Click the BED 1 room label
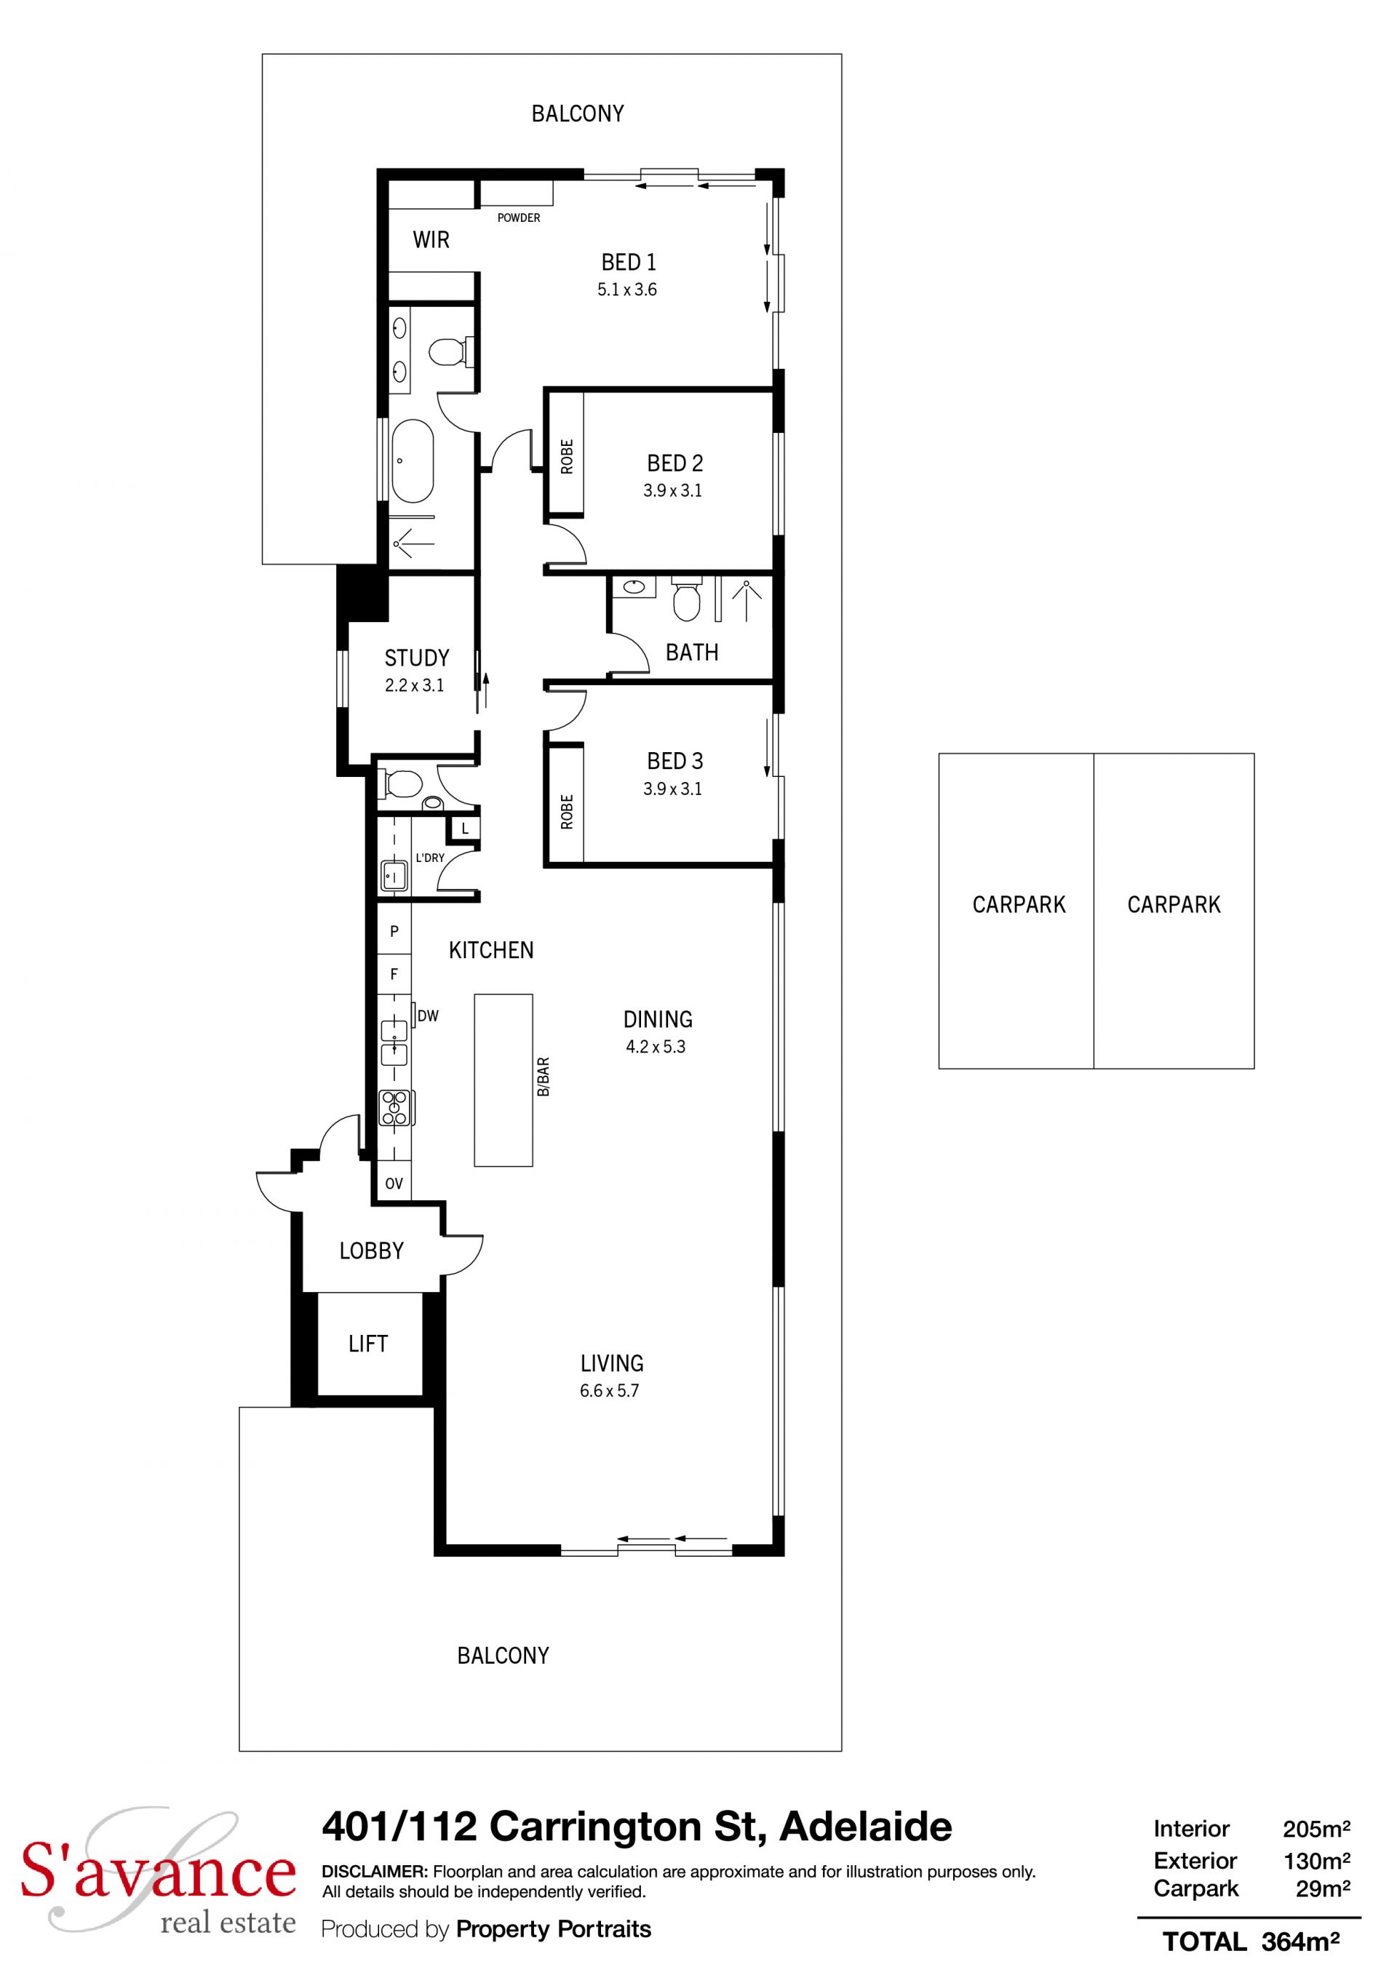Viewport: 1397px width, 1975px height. click(628, 261)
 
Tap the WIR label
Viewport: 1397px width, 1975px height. click(431, 240)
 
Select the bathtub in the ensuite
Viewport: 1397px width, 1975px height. click(413, 461)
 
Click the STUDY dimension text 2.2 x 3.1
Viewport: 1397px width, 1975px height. click(415, 685)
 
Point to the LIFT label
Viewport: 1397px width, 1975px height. click(368, 1344)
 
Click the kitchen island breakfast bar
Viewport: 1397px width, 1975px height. click(504, 1080)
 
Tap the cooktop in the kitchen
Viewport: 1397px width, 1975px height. click(396, 1108)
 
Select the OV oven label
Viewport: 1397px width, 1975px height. click(394, 1184)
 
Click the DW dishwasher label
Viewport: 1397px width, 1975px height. click(428, 1016)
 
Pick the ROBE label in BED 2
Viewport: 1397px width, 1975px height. click(567, 457)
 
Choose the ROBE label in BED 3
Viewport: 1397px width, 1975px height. click(567, 812)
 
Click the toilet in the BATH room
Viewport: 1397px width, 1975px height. click(685, 600)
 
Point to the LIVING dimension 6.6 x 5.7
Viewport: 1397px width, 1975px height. click(609, 1391)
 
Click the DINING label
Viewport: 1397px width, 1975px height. click(658, 1019)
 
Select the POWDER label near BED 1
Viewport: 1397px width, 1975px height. click(519, 218)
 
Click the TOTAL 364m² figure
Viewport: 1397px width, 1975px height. click(1251, 1942)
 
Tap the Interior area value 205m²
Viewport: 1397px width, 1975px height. click(1316, 1829)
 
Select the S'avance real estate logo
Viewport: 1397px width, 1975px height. click(159, 1875)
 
